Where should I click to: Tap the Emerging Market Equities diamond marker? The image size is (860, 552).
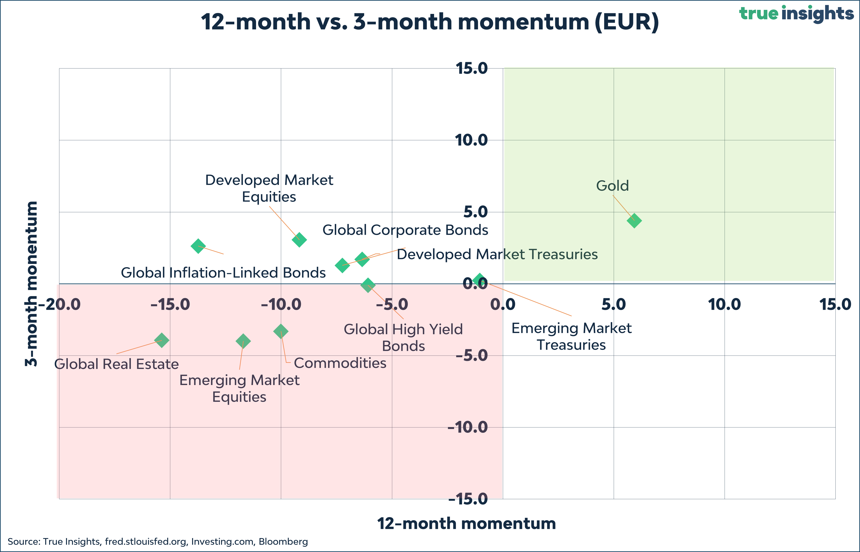243,341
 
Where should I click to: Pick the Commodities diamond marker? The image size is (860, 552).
281,331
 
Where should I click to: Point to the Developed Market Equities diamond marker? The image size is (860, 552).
299,239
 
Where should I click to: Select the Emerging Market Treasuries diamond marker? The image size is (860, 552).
479,280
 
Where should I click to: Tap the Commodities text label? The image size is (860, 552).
340,363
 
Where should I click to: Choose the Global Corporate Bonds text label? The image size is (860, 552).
405,230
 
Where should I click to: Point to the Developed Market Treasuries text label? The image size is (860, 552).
497,254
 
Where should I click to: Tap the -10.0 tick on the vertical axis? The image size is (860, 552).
468,427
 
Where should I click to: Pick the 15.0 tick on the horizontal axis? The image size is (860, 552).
835,305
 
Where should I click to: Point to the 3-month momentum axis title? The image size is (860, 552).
32,283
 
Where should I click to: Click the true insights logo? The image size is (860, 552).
796,14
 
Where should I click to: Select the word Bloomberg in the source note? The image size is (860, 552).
283,541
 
